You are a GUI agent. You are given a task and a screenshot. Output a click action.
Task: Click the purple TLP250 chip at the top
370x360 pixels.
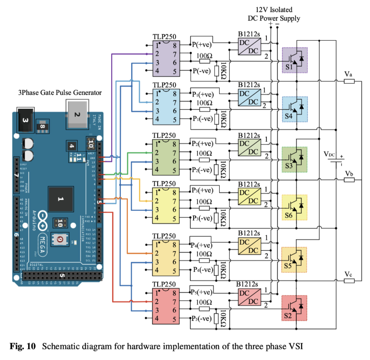click(x=163, y=58)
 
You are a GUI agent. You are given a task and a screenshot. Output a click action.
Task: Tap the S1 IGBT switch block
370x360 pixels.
click(x=295, y=60)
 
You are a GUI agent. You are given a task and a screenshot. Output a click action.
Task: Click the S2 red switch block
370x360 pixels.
click(x=295, y=308)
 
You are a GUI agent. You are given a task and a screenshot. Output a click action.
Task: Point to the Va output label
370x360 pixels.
click(x=348, y=74)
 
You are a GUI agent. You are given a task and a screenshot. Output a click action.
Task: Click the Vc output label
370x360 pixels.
click(x=348, y=274)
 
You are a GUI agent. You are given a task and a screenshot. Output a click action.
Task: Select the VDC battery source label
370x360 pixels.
click(x=330, y=154)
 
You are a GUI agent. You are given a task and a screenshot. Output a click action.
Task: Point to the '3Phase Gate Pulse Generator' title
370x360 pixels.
click(x=59, y=92)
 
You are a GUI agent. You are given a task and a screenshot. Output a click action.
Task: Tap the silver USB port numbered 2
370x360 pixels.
click(x=78, y=115)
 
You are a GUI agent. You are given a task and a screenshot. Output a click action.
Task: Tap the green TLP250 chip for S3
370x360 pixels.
click(x=163, y=157)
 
